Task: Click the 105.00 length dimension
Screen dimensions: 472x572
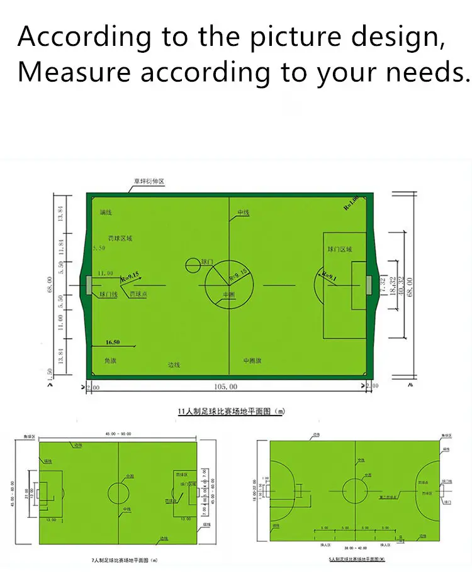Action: (x=226, y=386)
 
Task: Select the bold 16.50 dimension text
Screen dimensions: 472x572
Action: (x=113, y=342)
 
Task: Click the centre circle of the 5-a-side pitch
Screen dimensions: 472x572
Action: (x=355, y=488)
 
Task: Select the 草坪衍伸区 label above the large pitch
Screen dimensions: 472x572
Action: (x=149, y=183)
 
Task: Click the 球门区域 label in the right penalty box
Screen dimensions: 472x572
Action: (x=340, y=249)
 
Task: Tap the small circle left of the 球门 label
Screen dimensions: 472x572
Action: (x=191, y=265)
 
